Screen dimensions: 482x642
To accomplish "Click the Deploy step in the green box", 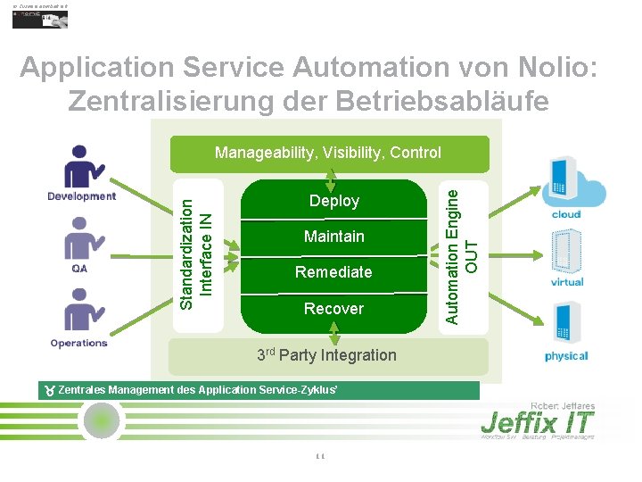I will click(x=333, y=201).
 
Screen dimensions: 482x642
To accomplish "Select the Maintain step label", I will click(x=333, y=237).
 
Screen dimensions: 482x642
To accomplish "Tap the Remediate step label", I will click(x=333, y=271).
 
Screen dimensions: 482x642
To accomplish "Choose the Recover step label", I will click(x=333, y=309).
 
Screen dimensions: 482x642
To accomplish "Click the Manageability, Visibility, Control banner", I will click(x=328, y=153).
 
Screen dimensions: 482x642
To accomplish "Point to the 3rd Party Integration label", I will click(x=326, y=355).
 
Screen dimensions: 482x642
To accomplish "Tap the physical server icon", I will click(x=566, y=324).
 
